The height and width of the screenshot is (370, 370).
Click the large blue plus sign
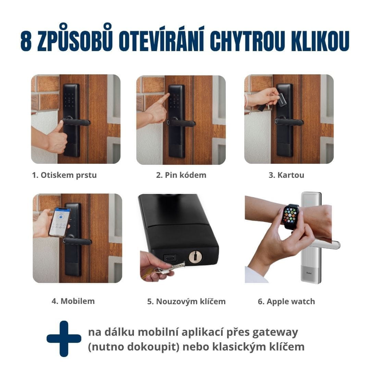pyautogui.click(x=64, y=338)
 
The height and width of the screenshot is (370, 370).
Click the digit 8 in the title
pyautogui.click(x=26, y=40)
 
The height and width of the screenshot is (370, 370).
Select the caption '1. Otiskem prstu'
pyautogui.click(x=64, y=175)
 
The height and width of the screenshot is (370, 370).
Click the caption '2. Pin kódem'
pyautogui.click(x=181, y=175)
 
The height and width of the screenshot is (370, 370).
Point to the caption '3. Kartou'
pyautogui.click(x=286, y=175)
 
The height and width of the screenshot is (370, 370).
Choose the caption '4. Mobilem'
pyautogui.click(x=73, y=301)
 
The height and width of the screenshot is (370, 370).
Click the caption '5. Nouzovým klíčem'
pyautogui.click(x=186, y=301)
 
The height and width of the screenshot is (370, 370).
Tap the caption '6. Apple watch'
pyautogui.click(x=286, y=301)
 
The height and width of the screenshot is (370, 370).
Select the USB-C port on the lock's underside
pyautogui.click(x=170, y=257)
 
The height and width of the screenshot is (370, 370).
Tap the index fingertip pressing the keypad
pyautogui.click(x=168, y=95)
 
